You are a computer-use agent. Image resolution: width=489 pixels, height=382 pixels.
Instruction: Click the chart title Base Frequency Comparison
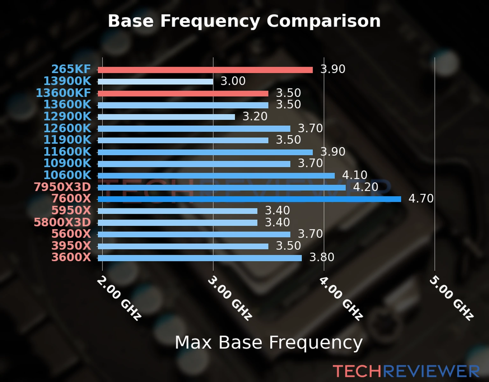244,21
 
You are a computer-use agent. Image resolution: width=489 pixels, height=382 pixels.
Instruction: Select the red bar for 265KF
205,70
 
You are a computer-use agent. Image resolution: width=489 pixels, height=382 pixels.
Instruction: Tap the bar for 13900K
155,82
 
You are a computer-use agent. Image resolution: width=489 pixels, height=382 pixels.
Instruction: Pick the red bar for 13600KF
183,94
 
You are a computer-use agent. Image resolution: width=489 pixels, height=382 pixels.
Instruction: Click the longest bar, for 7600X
249,199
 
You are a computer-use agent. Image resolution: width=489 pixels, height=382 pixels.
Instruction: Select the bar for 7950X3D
222,187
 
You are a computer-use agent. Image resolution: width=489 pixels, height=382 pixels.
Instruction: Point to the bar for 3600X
200,258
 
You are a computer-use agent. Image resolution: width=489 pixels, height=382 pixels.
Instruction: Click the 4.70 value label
421,199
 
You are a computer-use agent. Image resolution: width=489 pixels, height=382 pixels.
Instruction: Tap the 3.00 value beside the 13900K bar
233,81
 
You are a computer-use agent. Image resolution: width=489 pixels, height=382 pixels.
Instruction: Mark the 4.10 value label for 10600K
355,175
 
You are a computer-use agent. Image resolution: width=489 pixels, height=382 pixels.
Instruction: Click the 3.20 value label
255,117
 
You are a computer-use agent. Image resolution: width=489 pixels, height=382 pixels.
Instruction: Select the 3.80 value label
322,257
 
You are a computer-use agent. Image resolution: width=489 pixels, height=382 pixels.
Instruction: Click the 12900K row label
67,117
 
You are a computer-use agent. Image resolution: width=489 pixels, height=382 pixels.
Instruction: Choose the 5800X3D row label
62,222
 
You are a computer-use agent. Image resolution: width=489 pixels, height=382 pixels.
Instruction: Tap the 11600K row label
67,152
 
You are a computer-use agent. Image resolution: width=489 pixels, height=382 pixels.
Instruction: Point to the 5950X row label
71,210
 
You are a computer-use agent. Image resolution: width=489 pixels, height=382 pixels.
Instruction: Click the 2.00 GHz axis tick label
119,298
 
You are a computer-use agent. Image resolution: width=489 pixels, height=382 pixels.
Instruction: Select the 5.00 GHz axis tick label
451,298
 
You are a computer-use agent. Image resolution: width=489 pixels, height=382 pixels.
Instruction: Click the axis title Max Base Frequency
269,343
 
